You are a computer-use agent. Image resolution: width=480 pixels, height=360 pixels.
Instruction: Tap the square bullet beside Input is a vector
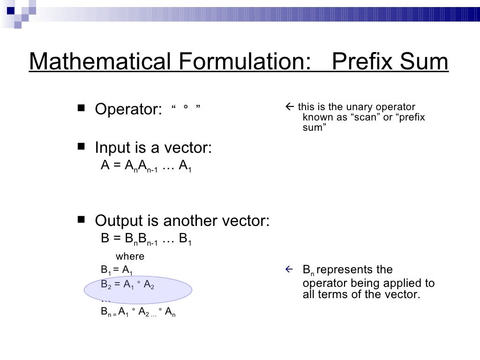(x=82, y=147)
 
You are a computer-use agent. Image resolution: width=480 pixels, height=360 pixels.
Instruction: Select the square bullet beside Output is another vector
(x=82, y=219)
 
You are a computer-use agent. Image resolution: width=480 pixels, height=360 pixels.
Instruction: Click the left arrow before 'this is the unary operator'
(x=289, y=107)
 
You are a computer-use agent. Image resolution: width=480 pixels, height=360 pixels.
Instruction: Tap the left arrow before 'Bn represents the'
(x=289, y=270)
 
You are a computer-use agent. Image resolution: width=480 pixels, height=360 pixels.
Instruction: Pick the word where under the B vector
(x=130, y=256)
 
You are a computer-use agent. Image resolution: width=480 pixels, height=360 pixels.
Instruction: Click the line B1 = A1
(x=117, y=270)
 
